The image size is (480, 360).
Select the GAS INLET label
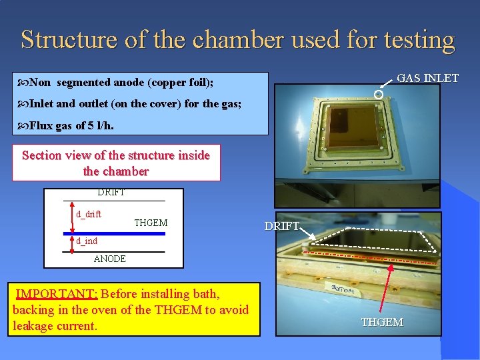click(427, 78)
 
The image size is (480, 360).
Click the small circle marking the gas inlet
click(378, 95)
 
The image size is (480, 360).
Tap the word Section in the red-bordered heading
click(43, 155)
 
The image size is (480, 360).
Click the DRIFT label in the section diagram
click(111, 193)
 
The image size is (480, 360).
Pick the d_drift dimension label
click(89, 214)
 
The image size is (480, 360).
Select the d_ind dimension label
click(87, 241)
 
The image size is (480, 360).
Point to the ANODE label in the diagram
click(110, 259)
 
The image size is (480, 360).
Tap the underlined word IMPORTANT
click(57, 294)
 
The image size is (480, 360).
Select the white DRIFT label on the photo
click(282, 226)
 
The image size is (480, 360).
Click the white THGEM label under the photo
click(382, 322)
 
